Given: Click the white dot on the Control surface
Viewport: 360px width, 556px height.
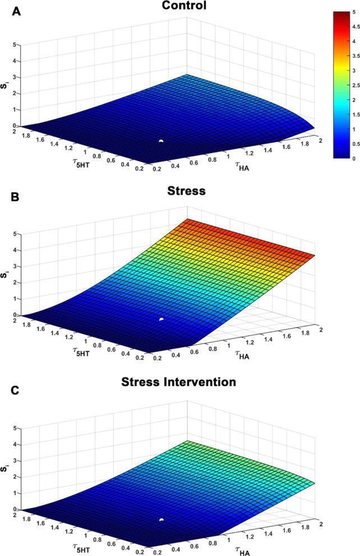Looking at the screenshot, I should (x=161, y=141).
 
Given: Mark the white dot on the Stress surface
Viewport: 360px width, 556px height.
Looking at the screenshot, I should (x=161, y=319).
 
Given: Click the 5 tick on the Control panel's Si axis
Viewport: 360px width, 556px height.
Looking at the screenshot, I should (x=21, y=45).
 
